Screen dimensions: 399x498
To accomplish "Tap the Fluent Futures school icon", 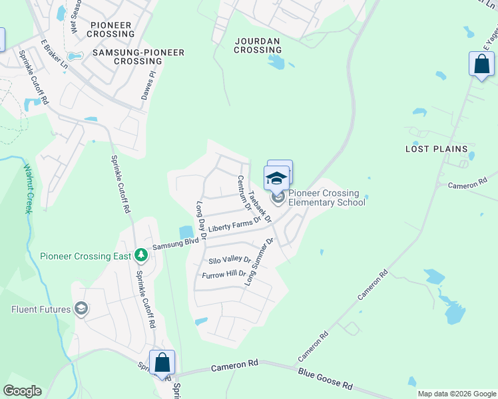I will click(x=81, y=308).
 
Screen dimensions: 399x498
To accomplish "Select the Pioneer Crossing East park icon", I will click(x=140, y=255).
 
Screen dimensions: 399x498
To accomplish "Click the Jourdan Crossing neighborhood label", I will click(x=258, y=45).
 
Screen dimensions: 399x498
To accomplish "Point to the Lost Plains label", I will click(x=436, y=149).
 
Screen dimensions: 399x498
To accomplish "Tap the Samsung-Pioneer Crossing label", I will click(x=127, y=56).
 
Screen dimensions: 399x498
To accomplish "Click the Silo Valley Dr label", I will click(x=230, y=260).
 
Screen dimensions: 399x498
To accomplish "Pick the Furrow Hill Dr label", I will click(x=224, y=273).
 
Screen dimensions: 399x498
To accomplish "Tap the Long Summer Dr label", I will click(x=260, y=262).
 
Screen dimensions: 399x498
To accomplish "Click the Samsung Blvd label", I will click(x=176, y=243).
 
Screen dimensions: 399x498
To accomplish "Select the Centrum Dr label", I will click(x=244, y=193).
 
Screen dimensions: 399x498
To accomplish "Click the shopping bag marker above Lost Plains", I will click(x=481, y=65).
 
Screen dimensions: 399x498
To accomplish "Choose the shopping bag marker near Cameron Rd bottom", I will click(x=162, y=363).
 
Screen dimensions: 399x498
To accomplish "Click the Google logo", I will click(x=22, y=391).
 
